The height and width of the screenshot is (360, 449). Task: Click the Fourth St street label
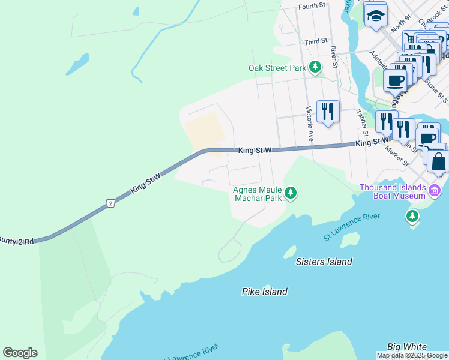coord(312,5)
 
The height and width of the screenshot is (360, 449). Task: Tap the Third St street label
coord(315,41)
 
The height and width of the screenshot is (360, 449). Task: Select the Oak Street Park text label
coord(277,68)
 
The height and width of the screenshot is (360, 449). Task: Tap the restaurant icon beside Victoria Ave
coord(328,112)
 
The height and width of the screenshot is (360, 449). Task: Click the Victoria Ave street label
coord(310,124)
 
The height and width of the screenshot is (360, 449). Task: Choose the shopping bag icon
coord(438,161)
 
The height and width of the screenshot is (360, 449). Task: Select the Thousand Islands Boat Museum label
coord(393,191)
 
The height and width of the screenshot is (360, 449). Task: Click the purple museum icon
coord(435,192)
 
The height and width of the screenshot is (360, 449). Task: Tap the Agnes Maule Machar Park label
coord(258,194)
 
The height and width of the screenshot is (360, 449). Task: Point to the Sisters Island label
coord(324,262)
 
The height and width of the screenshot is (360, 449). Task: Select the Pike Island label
coord(264,292)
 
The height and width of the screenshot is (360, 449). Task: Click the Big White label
coord(406,347)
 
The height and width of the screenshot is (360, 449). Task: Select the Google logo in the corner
coord(20,353)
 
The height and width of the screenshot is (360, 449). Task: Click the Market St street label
coord(397,155)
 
